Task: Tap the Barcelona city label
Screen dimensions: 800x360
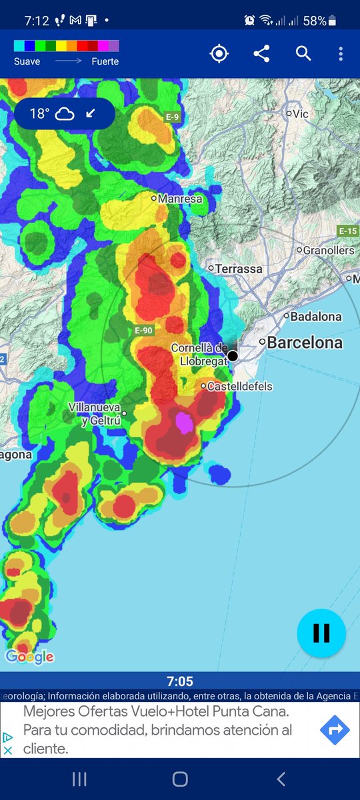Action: point(305,343)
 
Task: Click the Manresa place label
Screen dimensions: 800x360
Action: point(180,198)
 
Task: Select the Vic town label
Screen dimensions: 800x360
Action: point(301,114)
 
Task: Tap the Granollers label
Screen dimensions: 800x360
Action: point(329,251)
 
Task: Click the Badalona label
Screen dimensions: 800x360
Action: point(317,317)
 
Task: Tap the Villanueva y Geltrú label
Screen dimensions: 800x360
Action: point(95,414)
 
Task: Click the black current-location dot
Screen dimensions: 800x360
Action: point(233,356)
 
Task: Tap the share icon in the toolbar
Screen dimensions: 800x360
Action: point(261,54)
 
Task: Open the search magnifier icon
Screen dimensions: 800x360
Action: point(303,54)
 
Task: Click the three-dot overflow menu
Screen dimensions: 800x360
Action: point(341,54)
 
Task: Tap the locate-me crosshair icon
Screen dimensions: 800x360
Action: point(219,54)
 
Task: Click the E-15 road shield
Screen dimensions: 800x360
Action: point(347,231)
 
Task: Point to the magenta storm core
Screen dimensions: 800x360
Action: point(183,423)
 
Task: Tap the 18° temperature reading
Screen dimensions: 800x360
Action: point(39,114)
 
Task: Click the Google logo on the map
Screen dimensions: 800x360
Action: point(29,657)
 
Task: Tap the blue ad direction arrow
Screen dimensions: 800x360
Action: point(335,731)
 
